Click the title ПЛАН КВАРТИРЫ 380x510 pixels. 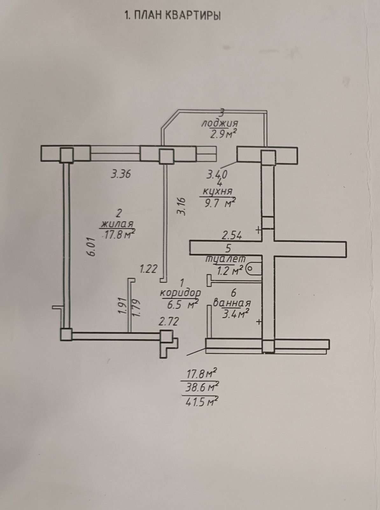(x=177, y=16)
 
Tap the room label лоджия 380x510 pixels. (x=220, y=123)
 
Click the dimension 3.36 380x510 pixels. (x=121, y=174)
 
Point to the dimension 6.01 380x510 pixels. (x=92, y=246)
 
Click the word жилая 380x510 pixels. (x=117, y=224)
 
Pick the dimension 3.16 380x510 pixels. (x=181, y=207)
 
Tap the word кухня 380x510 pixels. (x=218, y=192)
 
